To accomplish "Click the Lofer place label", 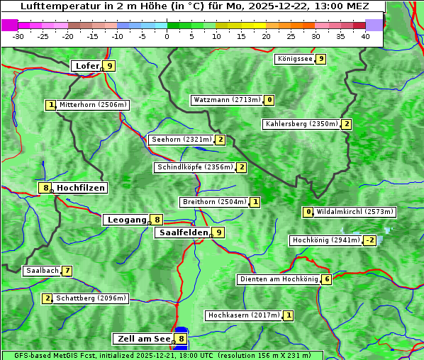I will [x=87, y=66].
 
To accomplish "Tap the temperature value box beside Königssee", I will [x=320, y=59].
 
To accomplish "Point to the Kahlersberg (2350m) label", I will [x=301, y=124].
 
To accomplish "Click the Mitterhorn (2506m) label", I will [x=93, y=105].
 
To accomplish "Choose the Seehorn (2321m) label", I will [x=182, y=140].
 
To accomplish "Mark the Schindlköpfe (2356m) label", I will [x=194, y=167].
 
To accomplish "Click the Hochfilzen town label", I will [x=81, y=188].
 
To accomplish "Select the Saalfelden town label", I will [x=183, y=232].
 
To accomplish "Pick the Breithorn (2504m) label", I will [x=214, y=202].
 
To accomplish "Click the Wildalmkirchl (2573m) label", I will [x=355, y=212].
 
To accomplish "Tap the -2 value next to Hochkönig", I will [x=369, y=240].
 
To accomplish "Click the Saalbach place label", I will [x=42, y=271].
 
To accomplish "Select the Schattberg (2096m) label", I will [x=91, y=298].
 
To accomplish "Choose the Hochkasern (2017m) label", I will [x=243, y=315].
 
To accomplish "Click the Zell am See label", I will [x=144, y=339].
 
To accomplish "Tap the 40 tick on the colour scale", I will [x=365, y=36].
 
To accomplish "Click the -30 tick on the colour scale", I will [x=18, y=36].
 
